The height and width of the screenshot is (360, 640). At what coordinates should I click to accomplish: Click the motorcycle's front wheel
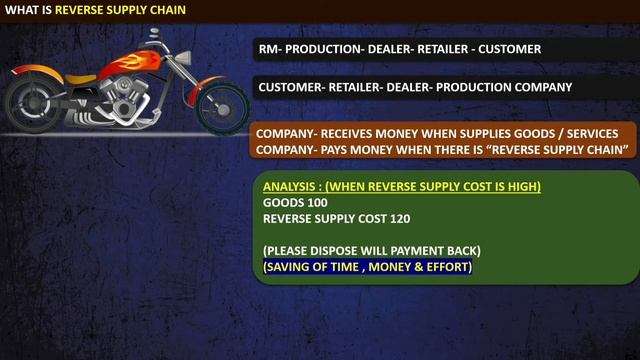coord(223,102)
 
